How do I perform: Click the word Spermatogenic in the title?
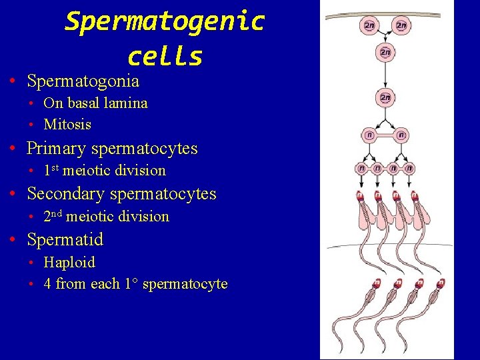[x=165, y=21]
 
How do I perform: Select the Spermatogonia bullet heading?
[x=83, y=81]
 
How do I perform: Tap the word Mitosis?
[x=67, y=125]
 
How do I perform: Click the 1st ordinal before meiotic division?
[x=51, y=170]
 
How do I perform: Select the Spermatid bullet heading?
[x=65, y=239]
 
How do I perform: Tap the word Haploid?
[x=69, y=262]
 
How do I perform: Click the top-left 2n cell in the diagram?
[x=369, y=26]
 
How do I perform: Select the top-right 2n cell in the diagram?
[x=401, y=26]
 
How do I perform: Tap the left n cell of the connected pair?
[x=369, y=135]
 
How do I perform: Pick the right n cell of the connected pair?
[x=401, y=135]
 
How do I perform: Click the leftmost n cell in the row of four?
[x=361, y=169]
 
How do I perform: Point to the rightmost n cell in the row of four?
[x=409, y=169]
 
